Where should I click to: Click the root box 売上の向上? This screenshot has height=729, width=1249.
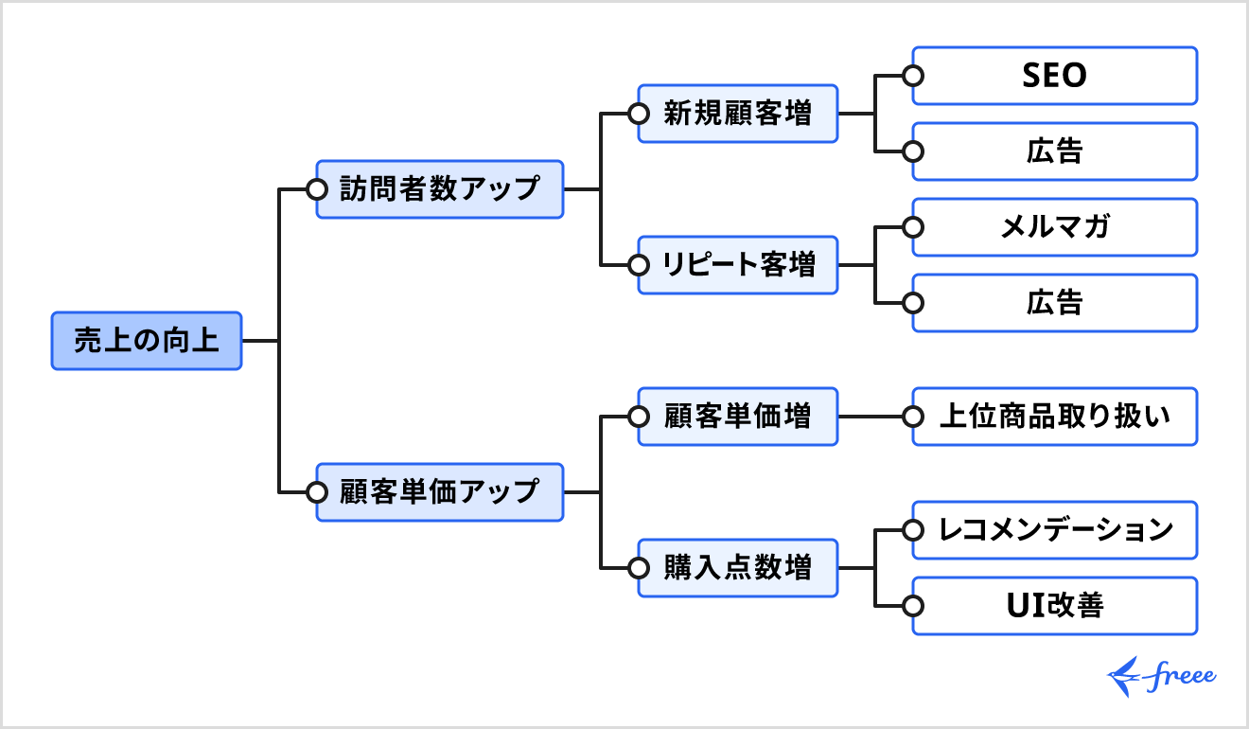point(147,341)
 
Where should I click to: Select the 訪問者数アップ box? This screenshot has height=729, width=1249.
point(440,189)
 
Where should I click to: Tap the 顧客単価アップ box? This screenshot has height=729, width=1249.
point(440,492)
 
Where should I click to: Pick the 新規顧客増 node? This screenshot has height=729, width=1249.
point(738,114)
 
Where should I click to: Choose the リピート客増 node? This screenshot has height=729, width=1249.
point(738,265)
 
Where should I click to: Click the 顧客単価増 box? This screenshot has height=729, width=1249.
point(738,417)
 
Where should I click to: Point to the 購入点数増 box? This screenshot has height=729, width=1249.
point(738,568)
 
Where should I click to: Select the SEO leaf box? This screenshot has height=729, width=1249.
point(1055,76)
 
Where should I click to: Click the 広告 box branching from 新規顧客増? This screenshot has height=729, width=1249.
point(1055,151)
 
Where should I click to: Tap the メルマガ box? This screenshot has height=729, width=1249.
point(1055,227)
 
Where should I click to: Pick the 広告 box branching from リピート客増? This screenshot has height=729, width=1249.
point(1055,303)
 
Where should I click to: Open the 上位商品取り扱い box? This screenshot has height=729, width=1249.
point(1055,417)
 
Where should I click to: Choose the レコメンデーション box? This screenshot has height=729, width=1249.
point(1055,530)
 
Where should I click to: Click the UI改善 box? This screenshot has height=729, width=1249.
point(1055,606)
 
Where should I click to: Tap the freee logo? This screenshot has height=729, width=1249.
point(1161,676)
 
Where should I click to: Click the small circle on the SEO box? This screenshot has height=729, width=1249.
point(913,76)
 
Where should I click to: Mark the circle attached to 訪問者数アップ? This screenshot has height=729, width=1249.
point(317,189)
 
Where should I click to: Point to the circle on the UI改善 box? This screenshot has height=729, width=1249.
point(913,606)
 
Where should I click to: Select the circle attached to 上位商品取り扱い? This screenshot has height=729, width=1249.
point(913,417)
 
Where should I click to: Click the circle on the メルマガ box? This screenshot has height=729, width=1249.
point(913,227)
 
